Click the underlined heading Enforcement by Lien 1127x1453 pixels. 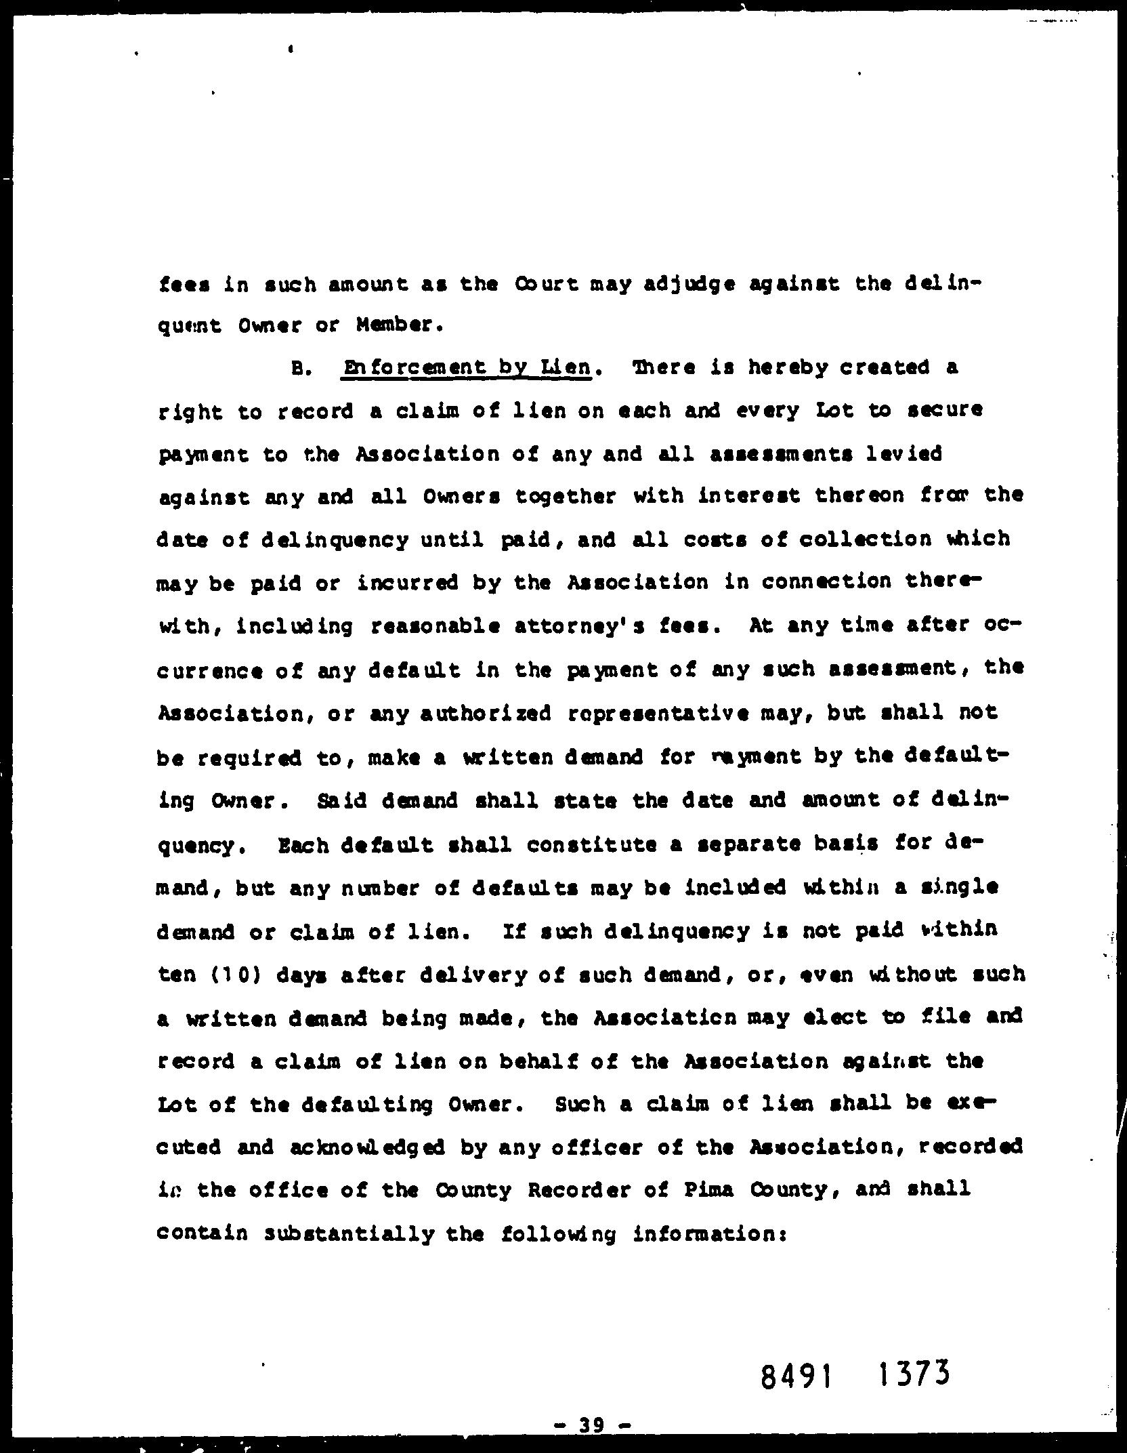(467, 369)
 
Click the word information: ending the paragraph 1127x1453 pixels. (709, 1234)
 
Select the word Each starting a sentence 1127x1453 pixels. (294, 844)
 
